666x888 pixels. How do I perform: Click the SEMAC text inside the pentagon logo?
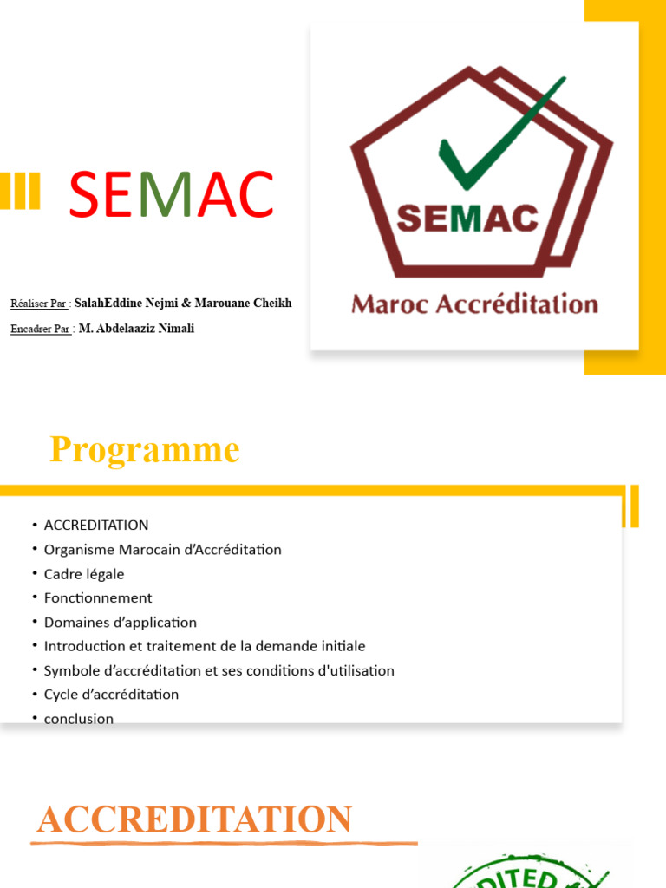[467, 218]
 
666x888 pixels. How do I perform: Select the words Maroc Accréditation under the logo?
[474, 304]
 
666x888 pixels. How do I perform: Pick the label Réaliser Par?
[39, 304]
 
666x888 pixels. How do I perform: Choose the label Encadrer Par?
[40, 330]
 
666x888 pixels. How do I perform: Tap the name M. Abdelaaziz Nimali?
[136, 329]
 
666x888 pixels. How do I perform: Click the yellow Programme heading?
[144, 450]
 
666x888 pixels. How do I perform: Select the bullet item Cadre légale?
[84, 574]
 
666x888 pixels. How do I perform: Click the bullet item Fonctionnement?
[98, 598]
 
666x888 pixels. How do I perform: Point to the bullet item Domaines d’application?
[121, 623]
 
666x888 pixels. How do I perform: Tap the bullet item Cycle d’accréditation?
[111, 695]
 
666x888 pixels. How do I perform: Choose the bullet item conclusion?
[79, 719]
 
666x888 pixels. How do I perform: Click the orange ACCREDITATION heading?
[194, 819]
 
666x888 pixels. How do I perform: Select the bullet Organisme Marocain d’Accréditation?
[163, 550]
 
